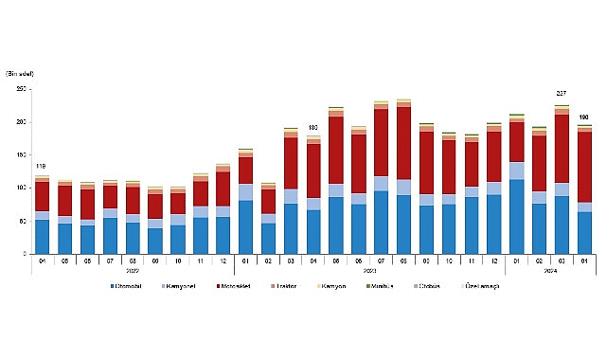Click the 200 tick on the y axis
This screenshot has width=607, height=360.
tap(20, 122)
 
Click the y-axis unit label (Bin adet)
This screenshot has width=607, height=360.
tap(21, 73)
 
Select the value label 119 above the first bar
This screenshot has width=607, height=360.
tap(42, 167)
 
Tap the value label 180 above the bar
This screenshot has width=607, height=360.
tap(312, 127)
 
